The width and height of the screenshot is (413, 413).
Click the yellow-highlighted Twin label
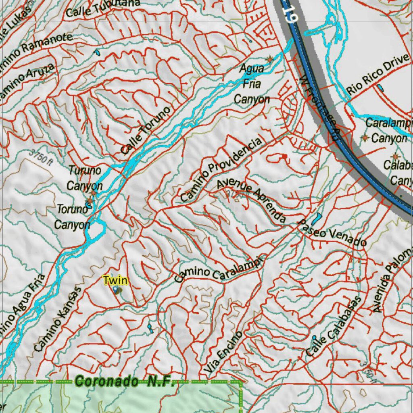pos(115,280)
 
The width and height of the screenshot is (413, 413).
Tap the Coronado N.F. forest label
pos(124,381)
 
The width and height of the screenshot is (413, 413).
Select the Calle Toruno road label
pos(146,130)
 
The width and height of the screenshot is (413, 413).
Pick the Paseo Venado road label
pos(332,233)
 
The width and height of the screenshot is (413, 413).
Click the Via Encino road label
pos(224,352)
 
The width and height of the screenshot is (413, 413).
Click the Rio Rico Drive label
pos(379,74)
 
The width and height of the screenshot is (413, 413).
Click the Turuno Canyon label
pos(85,177)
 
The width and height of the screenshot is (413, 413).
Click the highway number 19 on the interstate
pos(290,11)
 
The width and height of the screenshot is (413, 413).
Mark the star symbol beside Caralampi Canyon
pos(365,138)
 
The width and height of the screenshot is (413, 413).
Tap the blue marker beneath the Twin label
pos(115,290)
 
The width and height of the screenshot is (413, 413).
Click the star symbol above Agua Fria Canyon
pos(270,60)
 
